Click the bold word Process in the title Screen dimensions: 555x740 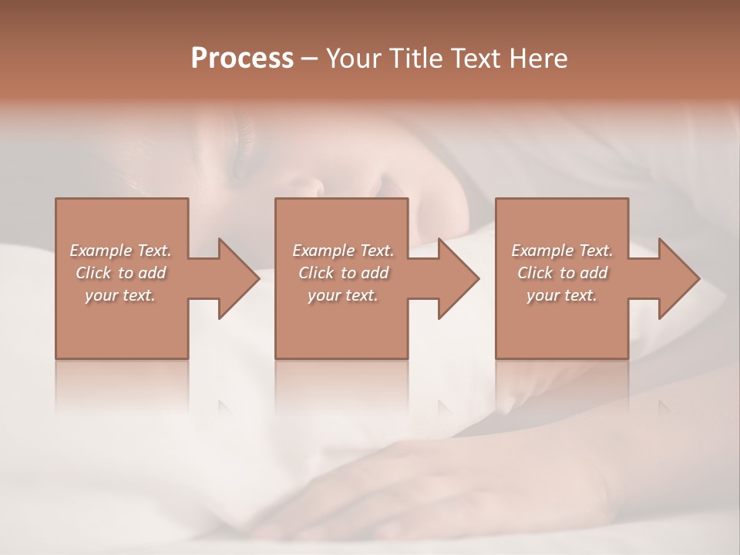coord(242,59)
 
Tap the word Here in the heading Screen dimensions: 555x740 coord(539,59)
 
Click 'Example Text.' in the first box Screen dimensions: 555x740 coord(120,251)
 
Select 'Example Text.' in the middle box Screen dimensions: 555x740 coord(343,251)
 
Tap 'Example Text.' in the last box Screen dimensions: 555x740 coord(562,251)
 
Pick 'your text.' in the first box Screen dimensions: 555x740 coord(120,295)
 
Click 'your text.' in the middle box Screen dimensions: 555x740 coord(343,295)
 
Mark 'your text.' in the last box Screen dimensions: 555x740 coord(562,295)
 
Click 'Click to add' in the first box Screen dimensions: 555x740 coord(120,273)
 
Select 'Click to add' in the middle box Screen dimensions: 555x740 coord(343,273)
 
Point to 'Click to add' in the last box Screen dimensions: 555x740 coord(562,273)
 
